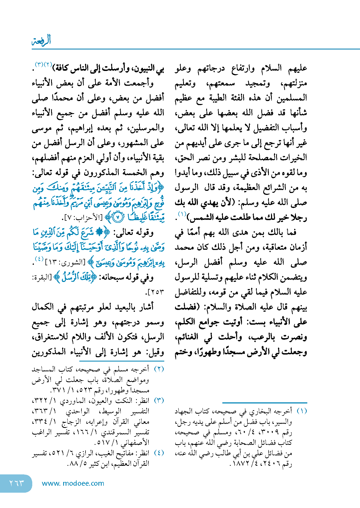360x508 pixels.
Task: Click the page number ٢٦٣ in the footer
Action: click(x=17, y=483)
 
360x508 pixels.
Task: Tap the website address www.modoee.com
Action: click(x=73, y=483)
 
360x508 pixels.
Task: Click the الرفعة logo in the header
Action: click(x=41, y=40)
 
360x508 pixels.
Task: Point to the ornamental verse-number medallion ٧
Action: click(x=117, y=217)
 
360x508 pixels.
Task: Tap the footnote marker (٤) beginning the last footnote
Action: click(x=159, y=453)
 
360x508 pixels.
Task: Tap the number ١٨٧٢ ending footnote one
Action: click(x=240, y=464)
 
